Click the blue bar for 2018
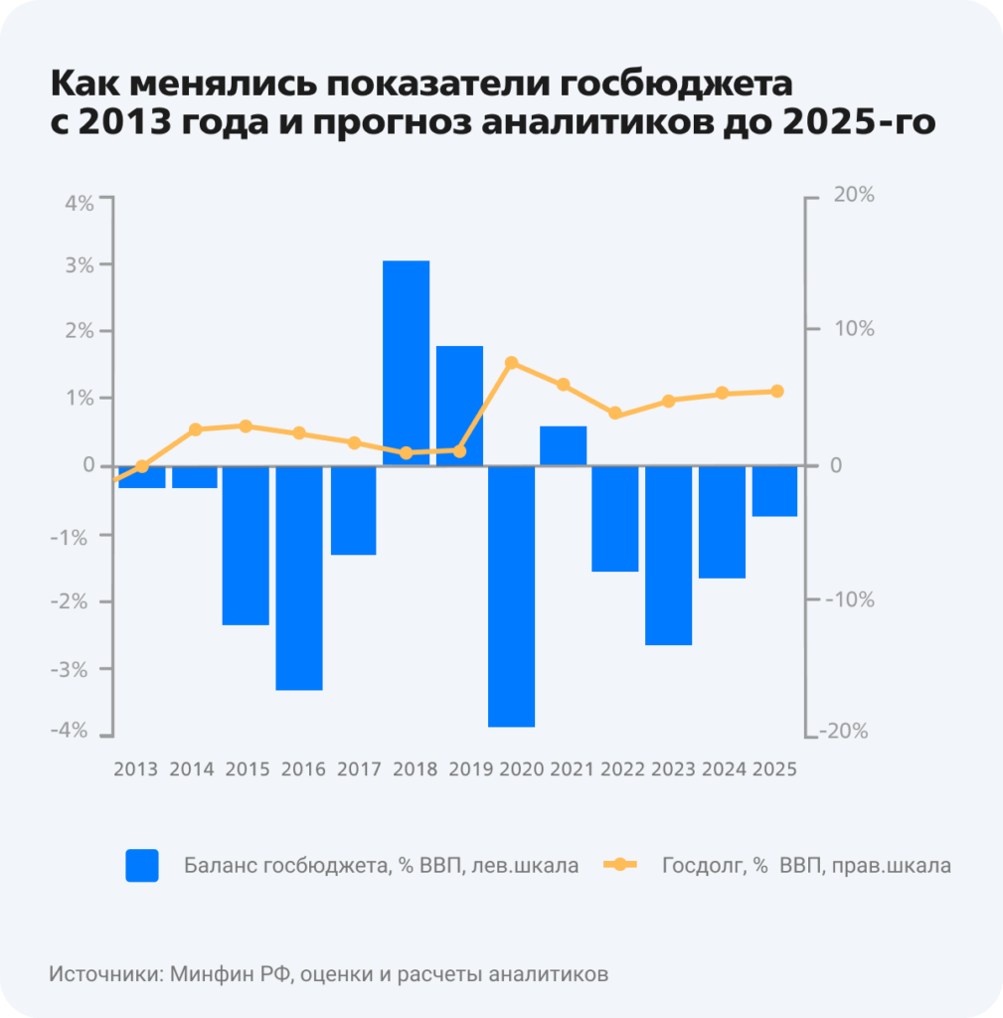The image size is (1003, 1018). pyautogui.click(x=406, y=363)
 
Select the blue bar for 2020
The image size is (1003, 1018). pyautogui.click(x=511, y=595)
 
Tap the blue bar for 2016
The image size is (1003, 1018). pyautogui.click(x=299, y=578)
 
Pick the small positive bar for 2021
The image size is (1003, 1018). pyautogui.click(x=563, y=445)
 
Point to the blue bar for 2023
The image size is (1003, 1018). pyautogui.click(x=668, y=555)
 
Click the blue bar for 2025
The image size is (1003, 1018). pyautogui.click(x=774, y=491)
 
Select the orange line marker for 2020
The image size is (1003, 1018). pyautogui.click(x=511, y=363)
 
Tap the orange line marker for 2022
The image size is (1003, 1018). pyautogui.click(x=615, y=413)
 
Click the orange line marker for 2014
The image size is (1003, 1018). pyautogui.click(x=195, y=429)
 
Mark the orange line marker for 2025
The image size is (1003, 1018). pyautogui.click(x=777, y=391)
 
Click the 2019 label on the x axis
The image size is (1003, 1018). pyautogui.click(x=470, y=768)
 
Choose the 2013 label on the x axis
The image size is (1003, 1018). pyautogui.click(x=135, y=768)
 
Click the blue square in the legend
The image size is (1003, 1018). pyautogui.click(x=142, y=865)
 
